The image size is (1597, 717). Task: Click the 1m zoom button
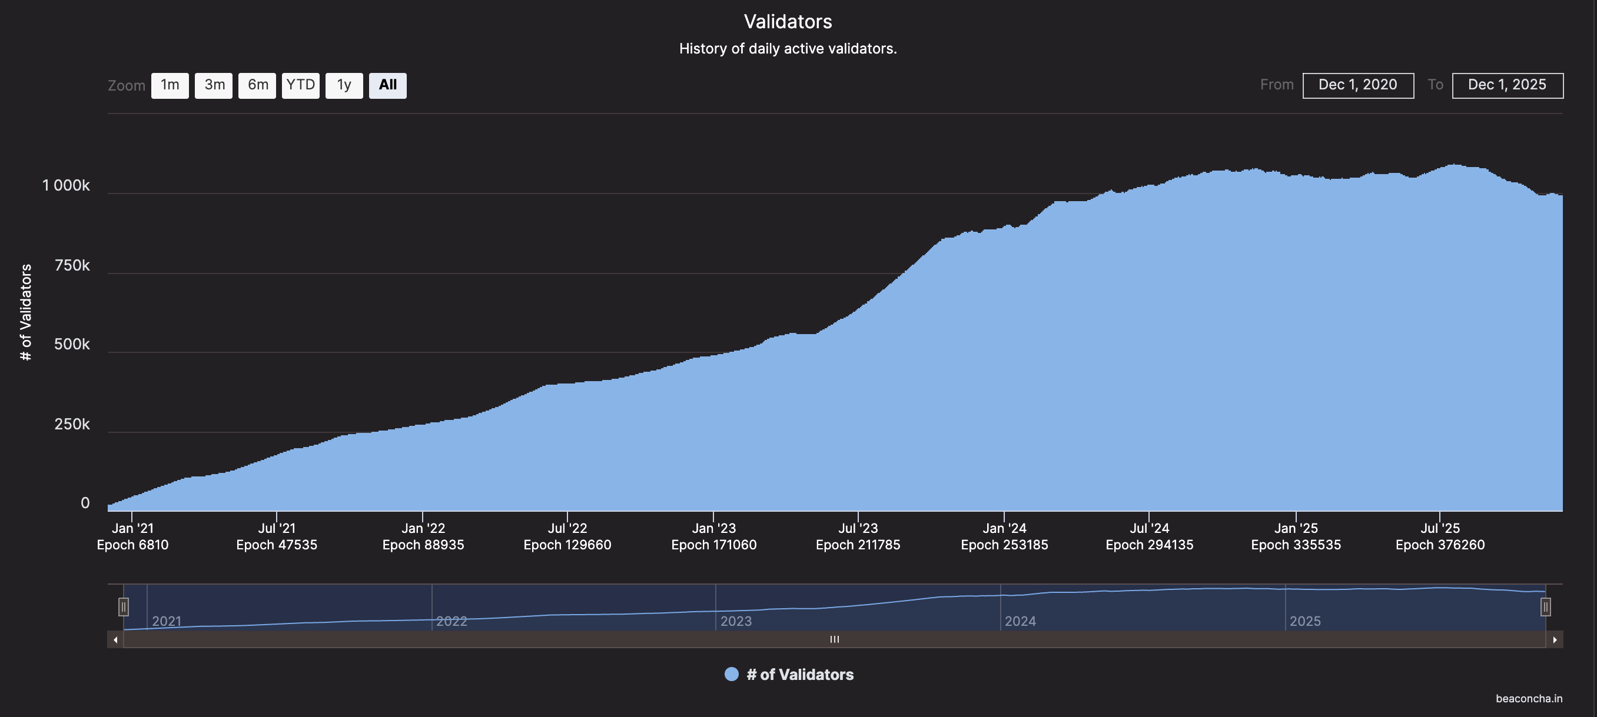tap(170, 85)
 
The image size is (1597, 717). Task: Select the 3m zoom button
tap(214, 85)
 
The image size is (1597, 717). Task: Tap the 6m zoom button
tap(257, 85)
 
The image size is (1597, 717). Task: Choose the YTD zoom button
tap(301, 85)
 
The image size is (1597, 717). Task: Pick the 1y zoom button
tap(344, 85)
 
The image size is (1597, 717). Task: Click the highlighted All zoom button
tap(388, 85)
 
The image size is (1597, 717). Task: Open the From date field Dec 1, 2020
tap(1357, 85)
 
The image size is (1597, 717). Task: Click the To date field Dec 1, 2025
tap(1507, 85)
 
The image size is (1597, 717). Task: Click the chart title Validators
tap(788, 22)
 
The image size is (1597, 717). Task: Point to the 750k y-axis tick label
tap(72, 265)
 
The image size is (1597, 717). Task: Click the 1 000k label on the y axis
tap(66, 185)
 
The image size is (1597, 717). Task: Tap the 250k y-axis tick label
tap(72, 424)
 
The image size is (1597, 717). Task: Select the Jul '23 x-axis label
tap(858, 528)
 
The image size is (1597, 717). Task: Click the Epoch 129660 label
tap(567, 545)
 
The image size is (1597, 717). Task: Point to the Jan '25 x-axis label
tap(1296, 528)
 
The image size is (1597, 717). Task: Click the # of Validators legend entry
tap(799, 674)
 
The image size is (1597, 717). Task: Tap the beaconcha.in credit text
tap(1529, 698)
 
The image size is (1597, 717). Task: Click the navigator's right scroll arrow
tap(1554, 639)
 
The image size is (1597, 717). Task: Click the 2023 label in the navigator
tap(736, 621)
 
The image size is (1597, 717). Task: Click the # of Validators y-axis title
tap(25, 312)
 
